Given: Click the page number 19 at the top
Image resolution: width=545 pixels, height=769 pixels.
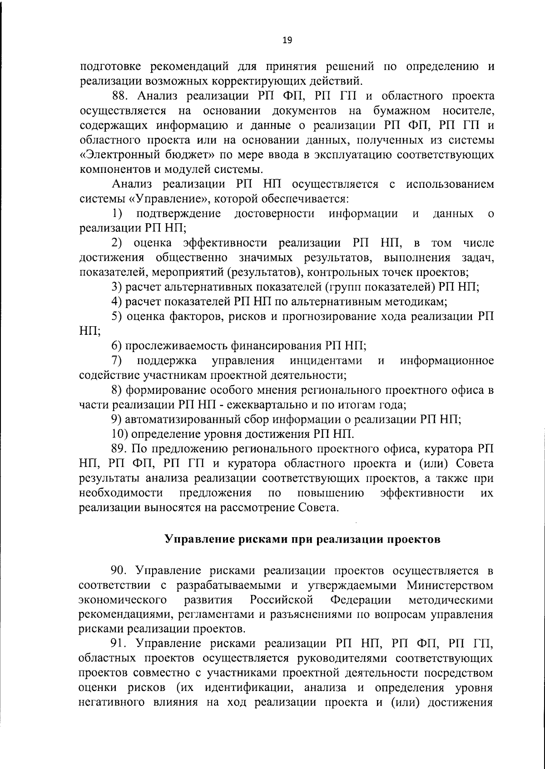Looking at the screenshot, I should coord(287,40).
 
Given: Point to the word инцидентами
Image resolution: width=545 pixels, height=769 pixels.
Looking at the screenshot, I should coord(326,361).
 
